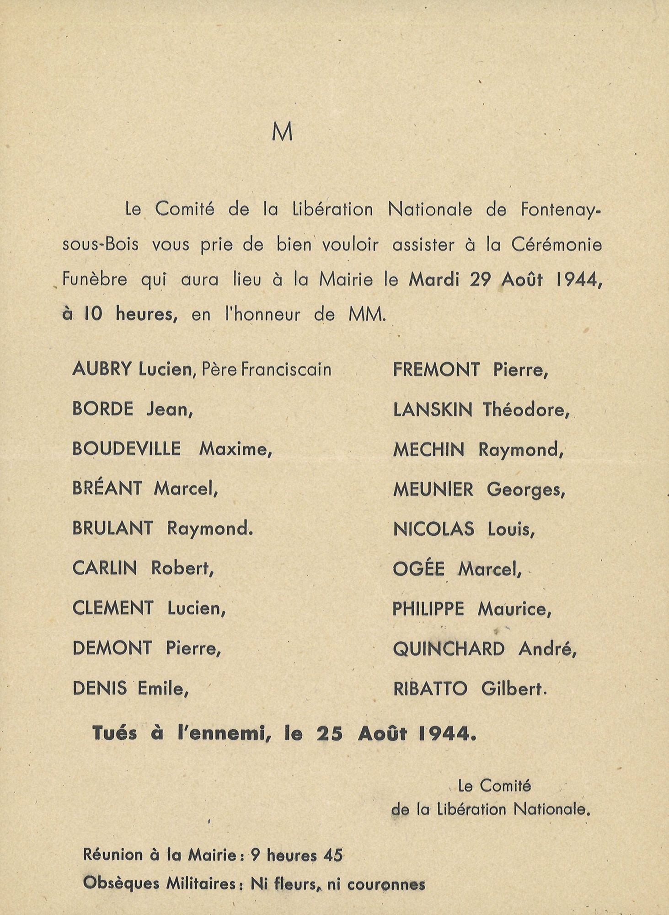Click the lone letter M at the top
pyautogui.click(x=282, y=132)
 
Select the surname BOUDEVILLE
pyautogui.click(x=126, y=448)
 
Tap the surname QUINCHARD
pyautogui.click(x=449, y=649)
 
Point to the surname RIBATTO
pyautogui.click(x=430, y=689)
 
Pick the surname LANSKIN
pyautogui.click(x=433, y=409)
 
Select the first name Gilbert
pyautogui.click(x=514, y=689)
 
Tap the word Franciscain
pyautogui.click(x=286, y=369)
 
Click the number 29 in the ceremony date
pyautogui.click(x=480, y=280)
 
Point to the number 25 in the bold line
pyautogui.click(x=329, y=734)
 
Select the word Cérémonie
pyautogui.click(x=556, y=245)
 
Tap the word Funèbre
pyautogui.click(x=95, y=279)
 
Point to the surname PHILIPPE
pyautogui.click(x=428, y=608)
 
